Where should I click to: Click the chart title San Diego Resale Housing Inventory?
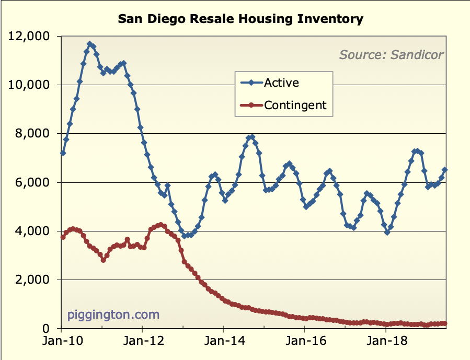240,19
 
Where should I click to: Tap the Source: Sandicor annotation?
391,54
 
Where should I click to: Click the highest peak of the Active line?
90,44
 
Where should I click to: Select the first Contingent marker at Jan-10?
63,237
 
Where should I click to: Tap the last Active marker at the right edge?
445,169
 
